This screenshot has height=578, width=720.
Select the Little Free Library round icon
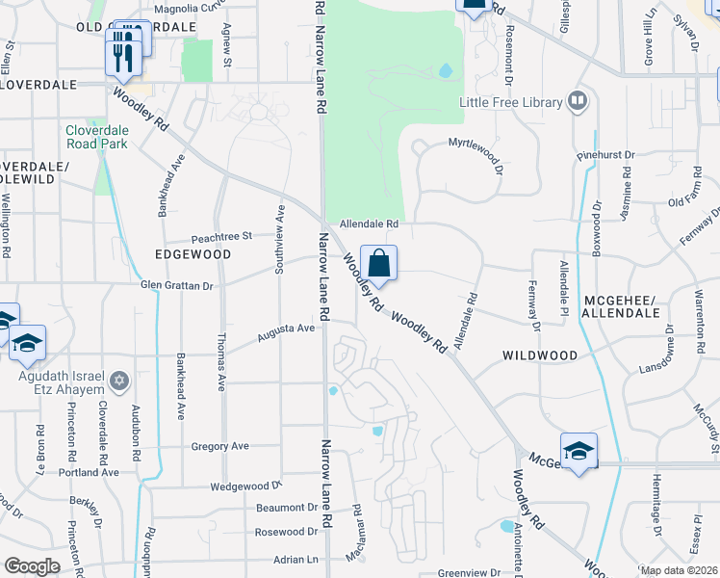pos(578,100)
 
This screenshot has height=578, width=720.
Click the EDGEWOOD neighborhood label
pos(193,254)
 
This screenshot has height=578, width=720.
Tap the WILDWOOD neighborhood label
pos(540,355)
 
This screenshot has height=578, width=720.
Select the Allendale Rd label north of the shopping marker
pos(367,223)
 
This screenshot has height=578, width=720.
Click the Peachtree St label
pos(221,235)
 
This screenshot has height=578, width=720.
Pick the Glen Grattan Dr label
pos(176,286)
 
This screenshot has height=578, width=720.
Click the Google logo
pos(32,566)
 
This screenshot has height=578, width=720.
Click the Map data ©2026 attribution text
pos(678,570)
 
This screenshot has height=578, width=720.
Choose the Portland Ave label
pos(89,473)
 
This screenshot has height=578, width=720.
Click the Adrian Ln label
pos(296,559)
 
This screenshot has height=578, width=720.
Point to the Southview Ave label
pos(280,239)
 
